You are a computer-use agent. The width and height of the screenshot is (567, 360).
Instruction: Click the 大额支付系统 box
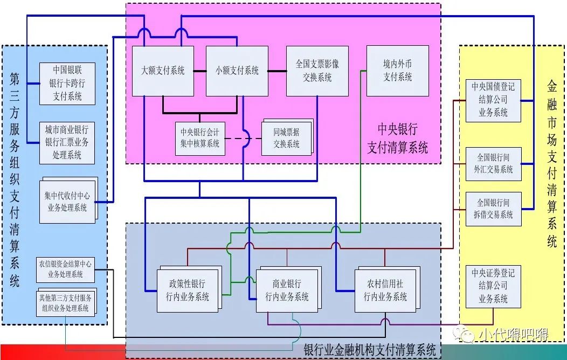(163, 71)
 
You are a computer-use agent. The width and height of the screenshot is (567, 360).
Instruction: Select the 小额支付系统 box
(237, 71)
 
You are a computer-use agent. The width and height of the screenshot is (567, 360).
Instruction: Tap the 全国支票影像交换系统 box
(317, 71)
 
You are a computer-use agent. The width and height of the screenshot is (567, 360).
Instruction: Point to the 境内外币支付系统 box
(398, 71)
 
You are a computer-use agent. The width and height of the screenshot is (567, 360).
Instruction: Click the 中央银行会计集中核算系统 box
(200, 138)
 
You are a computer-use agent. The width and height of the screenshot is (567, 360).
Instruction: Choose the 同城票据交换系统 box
(286, 138)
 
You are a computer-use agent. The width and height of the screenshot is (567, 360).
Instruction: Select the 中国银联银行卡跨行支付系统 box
(67, 84)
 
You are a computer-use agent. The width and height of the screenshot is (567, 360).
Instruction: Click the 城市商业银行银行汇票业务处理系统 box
(67, 143)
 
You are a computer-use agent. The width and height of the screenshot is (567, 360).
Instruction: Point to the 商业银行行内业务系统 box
(287, 290)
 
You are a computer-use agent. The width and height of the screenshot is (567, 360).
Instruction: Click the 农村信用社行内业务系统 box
(385, 290)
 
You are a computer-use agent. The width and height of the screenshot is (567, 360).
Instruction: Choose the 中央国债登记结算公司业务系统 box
(493, 100)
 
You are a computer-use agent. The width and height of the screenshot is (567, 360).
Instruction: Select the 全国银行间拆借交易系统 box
(493, 209)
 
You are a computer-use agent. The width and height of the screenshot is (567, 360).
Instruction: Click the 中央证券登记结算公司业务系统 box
(493, 286)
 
